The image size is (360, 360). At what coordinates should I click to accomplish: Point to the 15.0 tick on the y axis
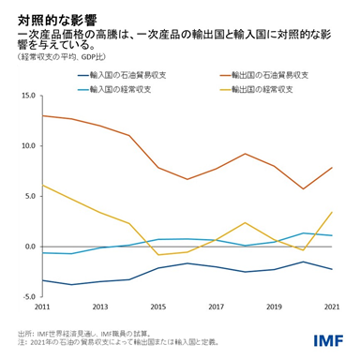click(26, 96)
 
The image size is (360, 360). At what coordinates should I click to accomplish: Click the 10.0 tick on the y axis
click(26, 146)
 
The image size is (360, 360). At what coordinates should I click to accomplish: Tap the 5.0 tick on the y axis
click(28, 197)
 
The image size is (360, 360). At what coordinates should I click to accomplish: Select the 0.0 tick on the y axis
click(28, 247)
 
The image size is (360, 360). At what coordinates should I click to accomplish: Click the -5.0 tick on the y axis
click(27, 297)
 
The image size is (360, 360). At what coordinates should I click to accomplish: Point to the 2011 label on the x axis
click(43, 307)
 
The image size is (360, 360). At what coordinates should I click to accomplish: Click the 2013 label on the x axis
click(101, 307)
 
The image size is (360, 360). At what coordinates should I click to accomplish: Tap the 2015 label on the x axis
click(158, 307)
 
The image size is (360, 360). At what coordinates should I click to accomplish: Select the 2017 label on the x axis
click(217, 307)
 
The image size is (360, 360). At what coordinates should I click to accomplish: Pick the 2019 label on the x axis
click(275, 307)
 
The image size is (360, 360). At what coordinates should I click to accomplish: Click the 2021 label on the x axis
click(331, 307)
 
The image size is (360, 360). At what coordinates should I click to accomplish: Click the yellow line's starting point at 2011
click(43, 185)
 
